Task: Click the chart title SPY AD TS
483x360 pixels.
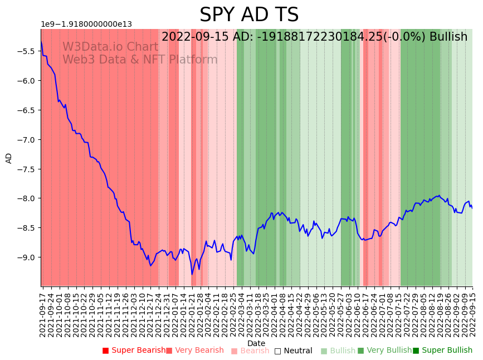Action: [249, 15]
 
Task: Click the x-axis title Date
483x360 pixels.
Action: [256, 343]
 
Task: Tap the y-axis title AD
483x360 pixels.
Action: [9, 158]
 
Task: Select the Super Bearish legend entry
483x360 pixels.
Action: [134, 351]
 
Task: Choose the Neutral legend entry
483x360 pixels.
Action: [294, 351]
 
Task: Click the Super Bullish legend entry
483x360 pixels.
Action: [443, 351]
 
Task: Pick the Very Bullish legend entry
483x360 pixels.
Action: [385, 351]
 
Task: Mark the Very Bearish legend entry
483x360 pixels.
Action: [195, 351]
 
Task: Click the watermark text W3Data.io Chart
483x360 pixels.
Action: [110, 47]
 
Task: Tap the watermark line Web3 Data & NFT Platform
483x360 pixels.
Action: [140, 60]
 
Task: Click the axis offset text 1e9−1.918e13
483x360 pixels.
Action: [86, 24]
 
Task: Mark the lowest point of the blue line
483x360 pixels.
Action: [192, 274]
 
